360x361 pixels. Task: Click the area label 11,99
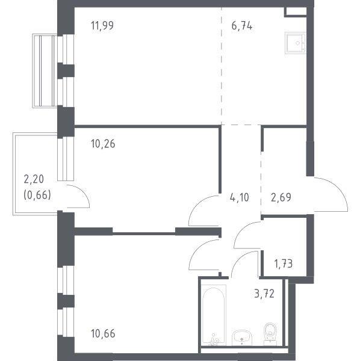pos(102,25)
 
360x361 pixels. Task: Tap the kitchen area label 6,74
pos(242,25)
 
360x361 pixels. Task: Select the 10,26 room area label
pos(103,144)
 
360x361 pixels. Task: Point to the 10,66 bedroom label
pos(103,333)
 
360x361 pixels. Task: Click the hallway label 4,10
pos(240,197)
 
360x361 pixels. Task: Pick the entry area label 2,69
pos(281,197)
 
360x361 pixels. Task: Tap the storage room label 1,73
pos(284,264)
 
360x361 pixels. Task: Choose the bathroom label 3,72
pos(264,294)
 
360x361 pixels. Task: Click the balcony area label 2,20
pos(34,179)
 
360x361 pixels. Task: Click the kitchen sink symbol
pos(296,43)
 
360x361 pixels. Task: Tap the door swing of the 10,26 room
pos(193,205)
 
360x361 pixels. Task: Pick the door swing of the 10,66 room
pos(194,249)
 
